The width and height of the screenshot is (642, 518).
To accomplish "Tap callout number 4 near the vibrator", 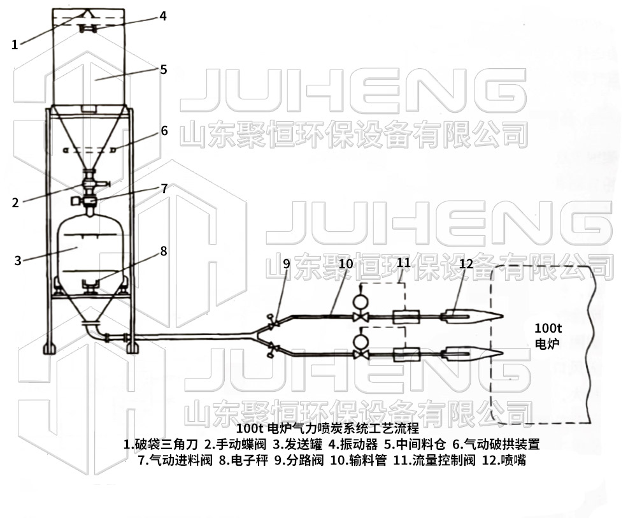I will [163, 16].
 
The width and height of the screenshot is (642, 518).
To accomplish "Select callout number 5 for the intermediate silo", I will [163, 69].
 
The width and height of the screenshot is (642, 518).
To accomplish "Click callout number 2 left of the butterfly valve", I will [15, 203].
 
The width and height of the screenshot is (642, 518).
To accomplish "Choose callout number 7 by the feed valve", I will [164, 188].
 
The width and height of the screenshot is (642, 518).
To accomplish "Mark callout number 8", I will [164, 251].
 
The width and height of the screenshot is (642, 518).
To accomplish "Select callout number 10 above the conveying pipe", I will [345, 263].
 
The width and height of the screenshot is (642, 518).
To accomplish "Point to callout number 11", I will [404, 263].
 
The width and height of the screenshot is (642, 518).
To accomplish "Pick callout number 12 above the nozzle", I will [466, 263].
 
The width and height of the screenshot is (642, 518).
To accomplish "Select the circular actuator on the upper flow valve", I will [362, 298].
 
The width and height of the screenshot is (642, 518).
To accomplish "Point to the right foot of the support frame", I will [132, 347].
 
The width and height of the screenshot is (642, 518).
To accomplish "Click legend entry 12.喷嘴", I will [504, 460].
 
